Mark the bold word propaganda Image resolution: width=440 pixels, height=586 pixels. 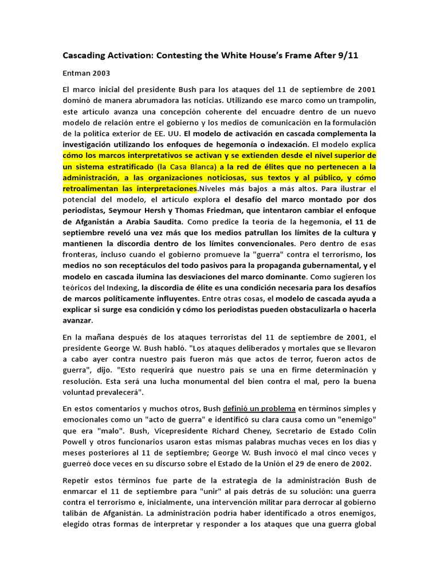click(257, 266)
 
